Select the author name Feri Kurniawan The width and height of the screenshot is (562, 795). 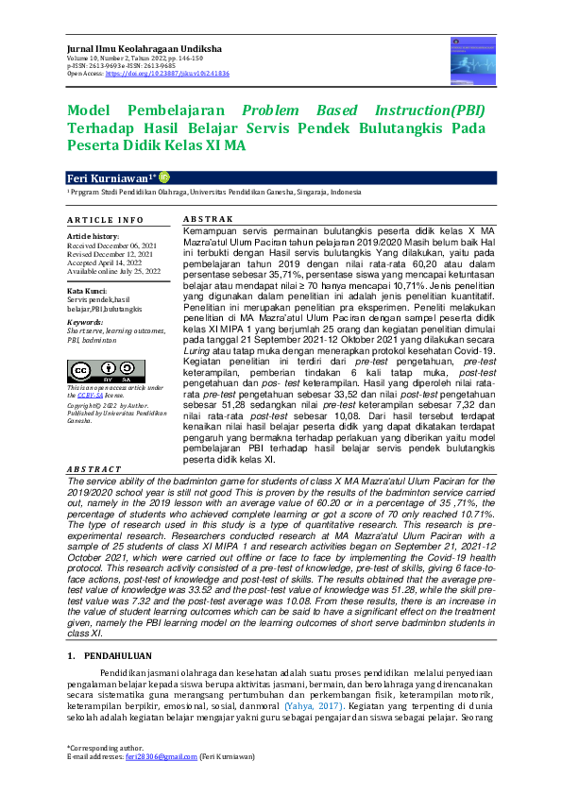108,178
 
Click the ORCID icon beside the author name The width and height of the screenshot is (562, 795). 164,177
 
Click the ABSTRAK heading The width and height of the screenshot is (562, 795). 204,218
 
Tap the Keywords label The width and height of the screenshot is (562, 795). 86,322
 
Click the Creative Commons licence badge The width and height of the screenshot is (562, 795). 93,369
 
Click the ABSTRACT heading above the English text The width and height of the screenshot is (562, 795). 94,468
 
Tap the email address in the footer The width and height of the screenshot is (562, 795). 168,756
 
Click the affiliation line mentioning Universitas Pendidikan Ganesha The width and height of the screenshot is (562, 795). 213,192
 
